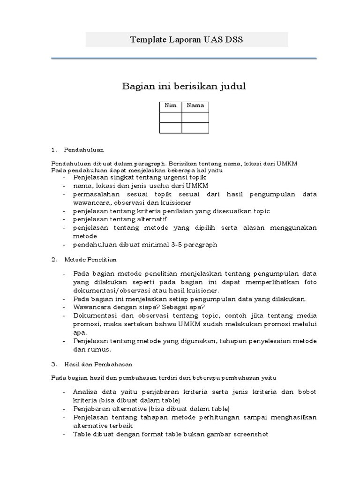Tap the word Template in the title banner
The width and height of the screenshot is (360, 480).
tap(148, 40)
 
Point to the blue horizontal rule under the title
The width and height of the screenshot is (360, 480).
tap(184, 59)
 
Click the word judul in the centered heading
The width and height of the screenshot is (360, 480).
tap(232, 86)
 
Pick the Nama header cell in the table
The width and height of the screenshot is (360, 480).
tap(195, 105)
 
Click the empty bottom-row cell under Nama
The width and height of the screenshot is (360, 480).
tap(195, 128)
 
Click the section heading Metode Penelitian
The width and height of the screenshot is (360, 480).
tap(90, 259)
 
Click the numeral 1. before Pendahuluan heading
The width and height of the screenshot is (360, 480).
tap(54, 150)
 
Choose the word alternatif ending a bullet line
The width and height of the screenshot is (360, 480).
tap(152, 219)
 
